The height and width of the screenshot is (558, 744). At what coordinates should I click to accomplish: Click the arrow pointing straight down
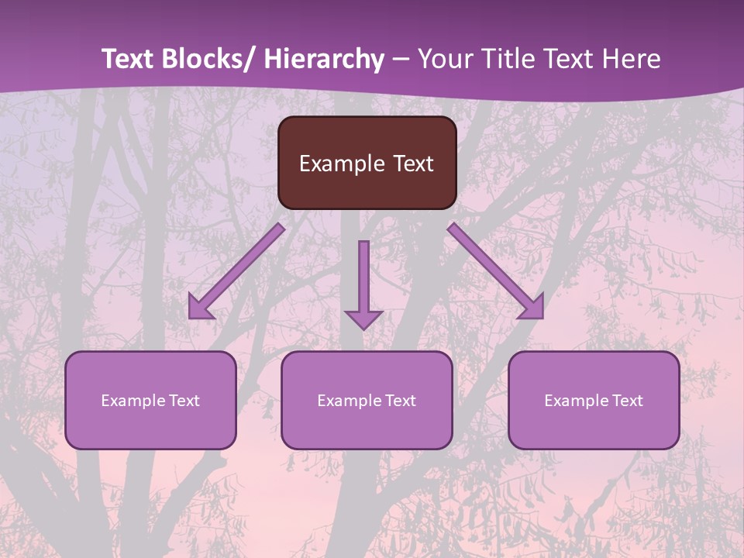(x=363, y=283)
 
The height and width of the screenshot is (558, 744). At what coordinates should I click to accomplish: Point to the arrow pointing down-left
(x=236, y=271)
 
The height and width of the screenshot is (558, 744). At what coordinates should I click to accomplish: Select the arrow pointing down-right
(x=496, y=271)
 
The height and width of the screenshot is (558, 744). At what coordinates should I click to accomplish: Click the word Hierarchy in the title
(x=324, y=59)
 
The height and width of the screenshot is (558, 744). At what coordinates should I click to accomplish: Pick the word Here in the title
(x=631, y=59)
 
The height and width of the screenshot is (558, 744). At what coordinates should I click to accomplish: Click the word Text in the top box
(x=413, y=164)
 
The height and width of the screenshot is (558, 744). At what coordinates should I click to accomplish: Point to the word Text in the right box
(x=629, y=401)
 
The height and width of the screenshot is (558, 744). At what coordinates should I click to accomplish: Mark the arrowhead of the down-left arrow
(x=199, y=308)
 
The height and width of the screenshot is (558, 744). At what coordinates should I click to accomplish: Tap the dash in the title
(x=401, y=60)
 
